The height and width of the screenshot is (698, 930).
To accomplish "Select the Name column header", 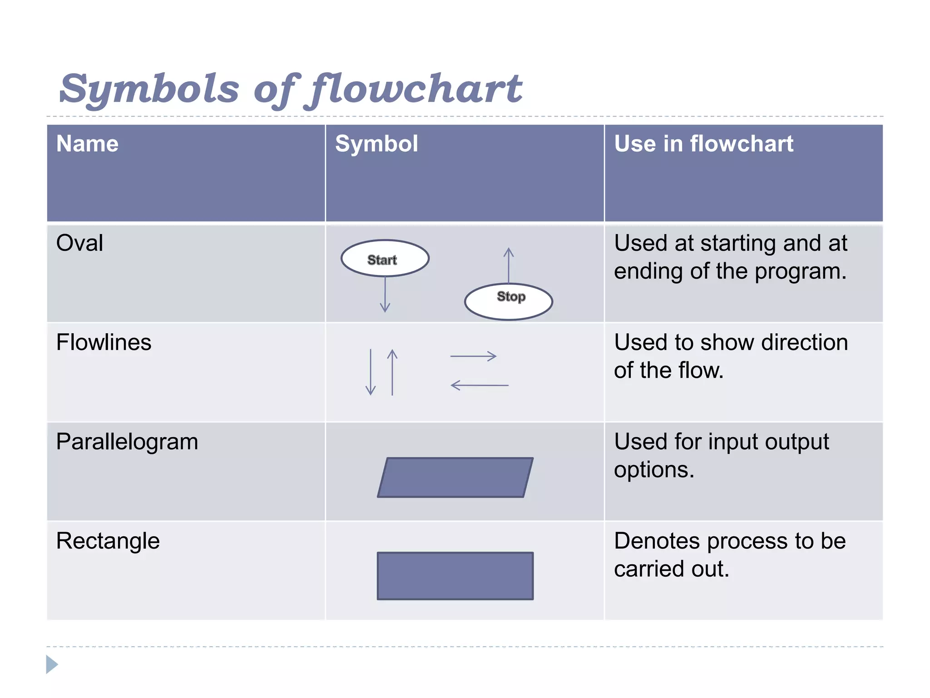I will tap(87, 144).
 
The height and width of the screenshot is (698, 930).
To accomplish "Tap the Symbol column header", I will tap(376, 144).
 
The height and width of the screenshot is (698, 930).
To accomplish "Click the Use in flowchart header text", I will tap(703, 144).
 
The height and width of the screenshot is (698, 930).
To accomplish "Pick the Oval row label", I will tap(79, 243).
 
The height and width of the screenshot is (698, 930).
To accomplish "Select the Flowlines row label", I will tap(104, 342).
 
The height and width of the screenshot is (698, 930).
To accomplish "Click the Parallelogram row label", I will tap(127, 442).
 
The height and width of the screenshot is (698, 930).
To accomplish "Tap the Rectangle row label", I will tap(108, 541).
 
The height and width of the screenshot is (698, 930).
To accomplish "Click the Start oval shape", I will tap(385, 259).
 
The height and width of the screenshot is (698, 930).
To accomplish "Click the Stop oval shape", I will tap(509, 301).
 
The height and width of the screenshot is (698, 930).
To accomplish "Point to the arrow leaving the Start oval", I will tap(385, 295).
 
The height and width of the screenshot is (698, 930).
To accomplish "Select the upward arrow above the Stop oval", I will tap(509, 265).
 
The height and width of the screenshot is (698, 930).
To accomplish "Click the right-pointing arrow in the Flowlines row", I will tap(473, 356).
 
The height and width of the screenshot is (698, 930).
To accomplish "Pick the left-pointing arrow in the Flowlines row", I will tap(480, 385).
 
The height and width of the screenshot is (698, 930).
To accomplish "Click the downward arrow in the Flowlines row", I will tap(371, 372).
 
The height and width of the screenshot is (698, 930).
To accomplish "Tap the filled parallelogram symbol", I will tap(455, 478).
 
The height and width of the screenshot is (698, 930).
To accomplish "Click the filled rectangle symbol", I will tap(455, 576).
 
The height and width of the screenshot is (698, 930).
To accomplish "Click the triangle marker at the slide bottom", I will tap(51, 664).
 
